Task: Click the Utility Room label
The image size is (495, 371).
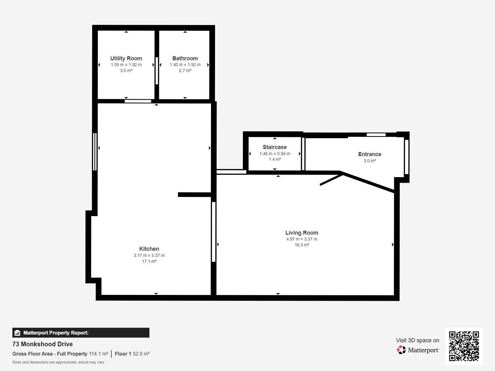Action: coord(126,58)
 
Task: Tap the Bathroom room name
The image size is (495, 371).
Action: coord(185,58)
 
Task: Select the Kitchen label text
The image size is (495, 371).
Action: coord(149,249)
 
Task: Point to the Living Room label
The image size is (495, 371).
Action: coord(302,233)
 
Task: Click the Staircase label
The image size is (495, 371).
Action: coord(275,147)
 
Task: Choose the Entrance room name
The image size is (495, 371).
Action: coord(370,154)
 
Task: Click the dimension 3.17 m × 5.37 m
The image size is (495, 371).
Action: coord(149,255)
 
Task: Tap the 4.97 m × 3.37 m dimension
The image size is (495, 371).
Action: coord(302,239)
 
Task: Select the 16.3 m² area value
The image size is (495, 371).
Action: coord(302,245)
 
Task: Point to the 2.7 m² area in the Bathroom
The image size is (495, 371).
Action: coord(185,70)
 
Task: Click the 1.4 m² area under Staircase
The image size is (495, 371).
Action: coord(275,159)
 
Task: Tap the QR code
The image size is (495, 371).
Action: coord(464,346)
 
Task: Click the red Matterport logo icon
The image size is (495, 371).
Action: coord(401,350)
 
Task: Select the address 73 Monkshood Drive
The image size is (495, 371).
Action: coord(42,344)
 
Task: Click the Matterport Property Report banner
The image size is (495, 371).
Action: coord(81,333)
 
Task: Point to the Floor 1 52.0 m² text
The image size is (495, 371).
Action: coord(132,354)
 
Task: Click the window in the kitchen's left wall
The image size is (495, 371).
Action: coord(95,151)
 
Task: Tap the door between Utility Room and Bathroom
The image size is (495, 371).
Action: coord(157,71)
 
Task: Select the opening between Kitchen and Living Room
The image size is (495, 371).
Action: coord(213,232)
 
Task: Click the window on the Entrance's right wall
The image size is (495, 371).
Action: coord(407,157)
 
